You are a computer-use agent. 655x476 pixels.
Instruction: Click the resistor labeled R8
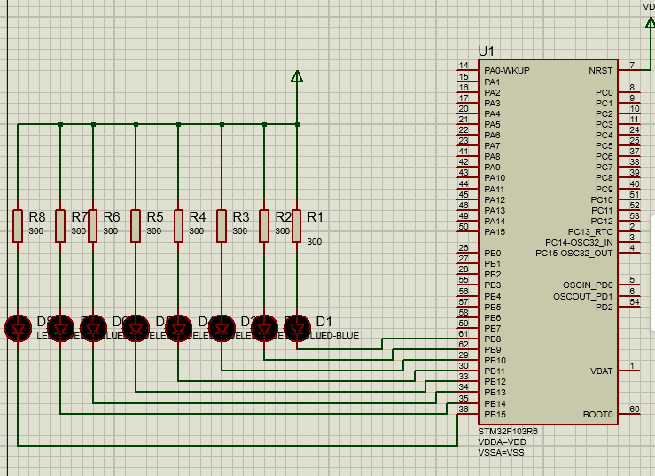(18, 225)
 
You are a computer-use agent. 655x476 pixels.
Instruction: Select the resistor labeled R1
(297, 225)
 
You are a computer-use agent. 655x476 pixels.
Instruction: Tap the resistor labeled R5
(136, 225)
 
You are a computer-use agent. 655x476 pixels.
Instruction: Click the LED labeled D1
(297, 328)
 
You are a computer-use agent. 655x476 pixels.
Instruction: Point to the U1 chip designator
(487, 51)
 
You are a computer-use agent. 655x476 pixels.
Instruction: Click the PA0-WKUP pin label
(506, 71)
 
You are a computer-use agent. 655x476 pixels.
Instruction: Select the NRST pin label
(600, 71)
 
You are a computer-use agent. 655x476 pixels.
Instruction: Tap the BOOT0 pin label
(597, 414)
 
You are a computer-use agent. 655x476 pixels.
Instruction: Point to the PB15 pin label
(495, 414)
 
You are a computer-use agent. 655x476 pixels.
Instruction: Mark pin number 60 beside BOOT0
(633, 409)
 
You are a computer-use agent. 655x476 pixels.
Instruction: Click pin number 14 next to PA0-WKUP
(464, 66)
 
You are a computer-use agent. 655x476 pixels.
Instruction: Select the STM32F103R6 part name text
(508, 431)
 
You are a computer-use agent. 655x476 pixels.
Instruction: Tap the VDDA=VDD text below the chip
(503, 441)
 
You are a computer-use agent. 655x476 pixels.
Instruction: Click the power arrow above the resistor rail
(297, 77)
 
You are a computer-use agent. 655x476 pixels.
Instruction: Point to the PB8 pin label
(493, 339)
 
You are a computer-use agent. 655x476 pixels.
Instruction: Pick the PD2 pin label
(604, 307)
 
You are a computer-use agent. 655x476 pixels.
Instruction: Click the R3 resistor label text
(240, 216)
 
